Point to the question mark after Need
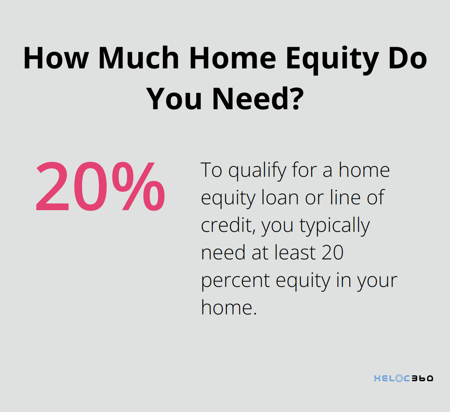pos(294,99)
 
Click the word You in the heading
pos(175,99)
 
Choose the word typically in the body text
pos(335,226)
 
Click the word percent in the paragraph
pos(235,281)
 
